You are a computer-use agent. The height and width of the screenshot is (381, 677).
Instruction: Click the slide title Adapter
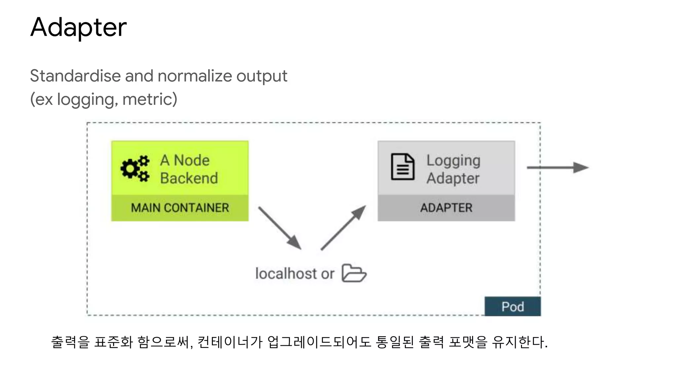coord(78,27)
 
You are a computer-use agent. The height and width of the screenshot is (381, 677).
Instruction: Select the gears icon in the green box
coord(135,168)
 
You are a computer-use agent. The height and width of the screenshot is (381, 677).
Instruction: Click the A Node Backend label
coord(189,169)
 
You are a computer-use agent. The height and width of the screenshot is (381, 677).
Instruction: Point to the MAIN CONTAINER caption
coord(180,208)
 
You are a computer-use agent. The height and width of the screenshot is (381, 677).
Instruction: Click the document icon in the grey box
coord(402,167)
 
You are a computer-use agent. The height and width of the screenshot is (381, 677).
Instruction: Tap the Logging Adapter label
coord(453,169)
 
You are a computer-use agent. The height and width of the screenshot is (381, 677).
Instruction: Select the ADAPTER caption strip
coord(446,208)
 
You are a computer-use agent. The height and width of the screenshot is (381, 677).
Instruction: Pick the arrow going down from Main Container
coord(280,228)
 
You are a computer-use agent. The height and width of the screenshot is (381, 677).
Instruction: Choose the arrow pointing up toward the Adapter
coord(343,228)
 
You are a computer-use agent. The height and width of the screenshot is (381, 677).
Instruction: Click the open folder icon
coord(354,273)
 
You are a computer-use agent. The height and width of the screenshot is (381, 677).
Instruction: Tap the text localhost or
coord(295,274)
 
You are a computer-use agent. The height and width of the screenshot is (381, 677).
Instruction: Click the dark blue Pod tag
coord(512,307)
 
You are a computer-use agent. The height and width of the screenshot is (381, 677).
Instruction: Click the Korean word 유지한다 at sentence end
coord(519,342)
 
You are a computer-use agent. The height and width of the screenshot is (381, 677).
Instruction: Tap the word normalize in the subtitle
coord(195,76)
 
